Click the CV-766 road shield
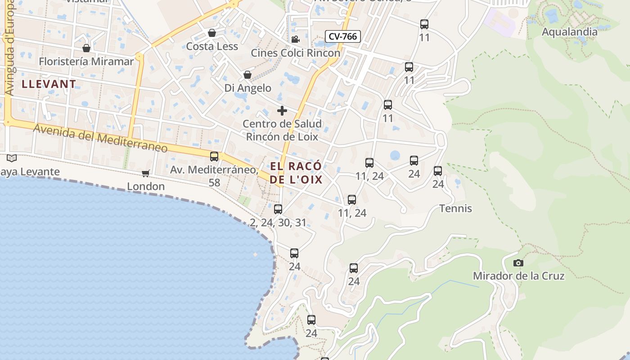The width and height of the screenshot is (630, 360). pos(343,36)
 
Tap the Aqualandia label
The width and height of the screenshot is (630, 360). pos(569,32)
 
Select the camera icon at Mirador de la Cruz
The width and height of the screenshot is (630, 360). pos(518,263)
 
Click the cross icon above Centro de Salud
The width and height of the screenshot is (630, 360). pos(282,111)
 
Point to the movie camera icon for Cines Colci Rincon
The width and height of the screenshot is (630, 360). pos(295,40)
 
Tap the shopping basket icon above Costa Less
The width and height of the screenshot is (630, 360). pos(212,33)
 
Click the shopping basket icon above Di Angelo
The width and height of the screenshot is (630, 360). pos(247,75)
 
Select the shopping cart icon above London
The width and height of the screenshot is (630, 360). pos(145,173)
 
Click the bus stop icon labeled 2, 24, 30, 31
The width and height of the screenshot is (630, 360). pos(278,209)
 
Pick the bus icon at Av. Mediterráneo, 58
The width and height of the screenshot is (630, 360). pos(214,157)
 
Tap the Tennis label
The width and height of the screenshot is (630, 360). pos(455,208)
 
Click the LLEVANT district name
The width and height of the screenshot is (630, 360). pos(49,84)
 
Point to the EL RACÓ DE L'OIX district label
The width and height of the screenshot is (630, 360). pos(297,173)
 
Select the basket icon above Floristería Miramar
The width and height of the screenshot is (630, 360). pos(86,48)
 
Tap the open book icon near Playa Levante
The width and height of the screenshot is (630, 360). pos(12,158)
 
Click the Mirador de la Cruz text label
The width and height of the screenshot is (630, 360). pos(518,276)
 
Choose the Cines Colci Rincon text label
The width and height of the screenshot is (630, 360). pos(295,53)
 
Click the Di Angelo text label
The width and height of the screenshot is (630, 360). pos(247,88)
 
